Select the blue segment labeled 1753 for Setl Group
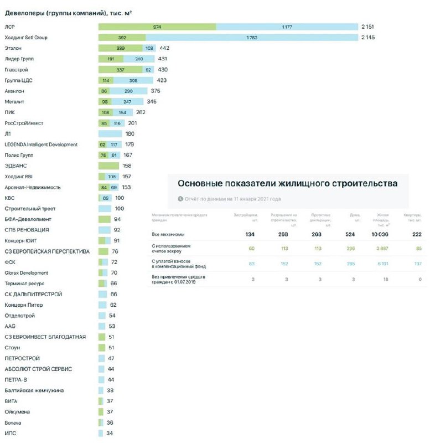tap(251, 38)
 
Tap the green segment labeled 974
tap(157, 27)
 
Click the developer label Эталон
tap(13, 48)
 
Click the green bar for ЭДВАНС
tap(108, 166)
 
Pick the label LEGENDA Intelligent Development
tap(41, 145)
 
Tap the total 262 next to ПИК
tap(141, 112)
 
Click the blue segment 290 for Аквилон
tap(128, 91)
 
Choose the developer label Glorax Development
tap(26, 273)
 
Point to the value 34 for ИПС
tap(110, 433)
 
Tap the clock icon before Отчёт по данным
tap(180, 199)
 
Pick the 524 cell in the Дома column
tap(350, 234)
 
